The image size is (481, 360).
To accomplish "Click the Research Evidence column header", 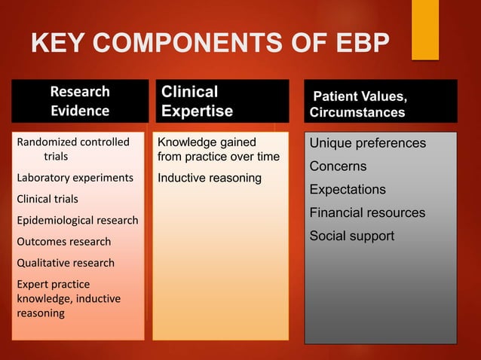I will click(x=79, y=101).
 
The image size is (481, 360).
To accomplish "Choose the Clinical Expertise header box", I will click(x=221, y=101).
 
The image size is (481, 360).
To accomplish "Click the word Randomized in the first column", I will click(x=43, y=142).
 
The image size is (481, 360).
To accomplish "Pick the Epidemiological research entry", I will click(x=76, y=221).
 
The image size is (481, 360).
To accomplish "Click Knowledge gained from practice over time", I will click(x=218, y=149).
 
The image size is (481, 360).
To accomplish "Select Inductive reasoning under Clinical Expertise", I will click(x=210, y=178).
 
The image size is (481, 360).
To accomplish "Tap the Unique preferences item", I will click(x=368, y=143).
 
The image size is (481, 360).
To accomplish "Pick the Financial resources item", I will click(x=367, y=212).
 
